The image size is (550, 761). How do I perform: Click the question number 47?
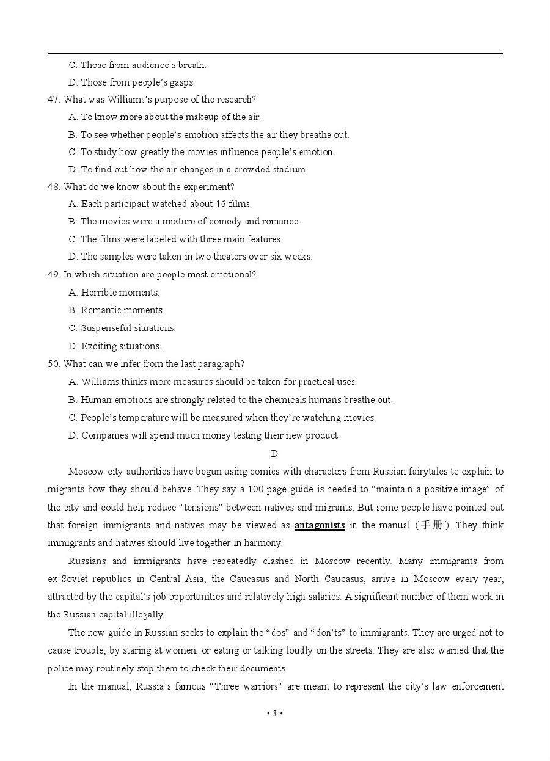53,100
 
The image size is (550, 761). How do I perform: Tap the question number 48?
53,187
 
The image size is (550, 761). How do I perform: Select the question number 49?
53,274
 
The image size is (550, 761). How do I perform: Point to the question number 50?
53,364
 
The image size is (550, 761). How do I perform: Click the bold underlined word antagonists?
320,525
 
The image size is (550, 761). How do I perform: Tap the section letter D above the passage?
274,453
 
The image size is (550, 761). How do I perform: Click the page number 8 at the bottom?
275,713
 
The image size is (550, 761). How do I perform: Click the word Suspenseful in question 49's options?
104,328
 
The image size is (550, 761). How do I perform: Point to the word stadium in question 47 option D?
288,169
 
